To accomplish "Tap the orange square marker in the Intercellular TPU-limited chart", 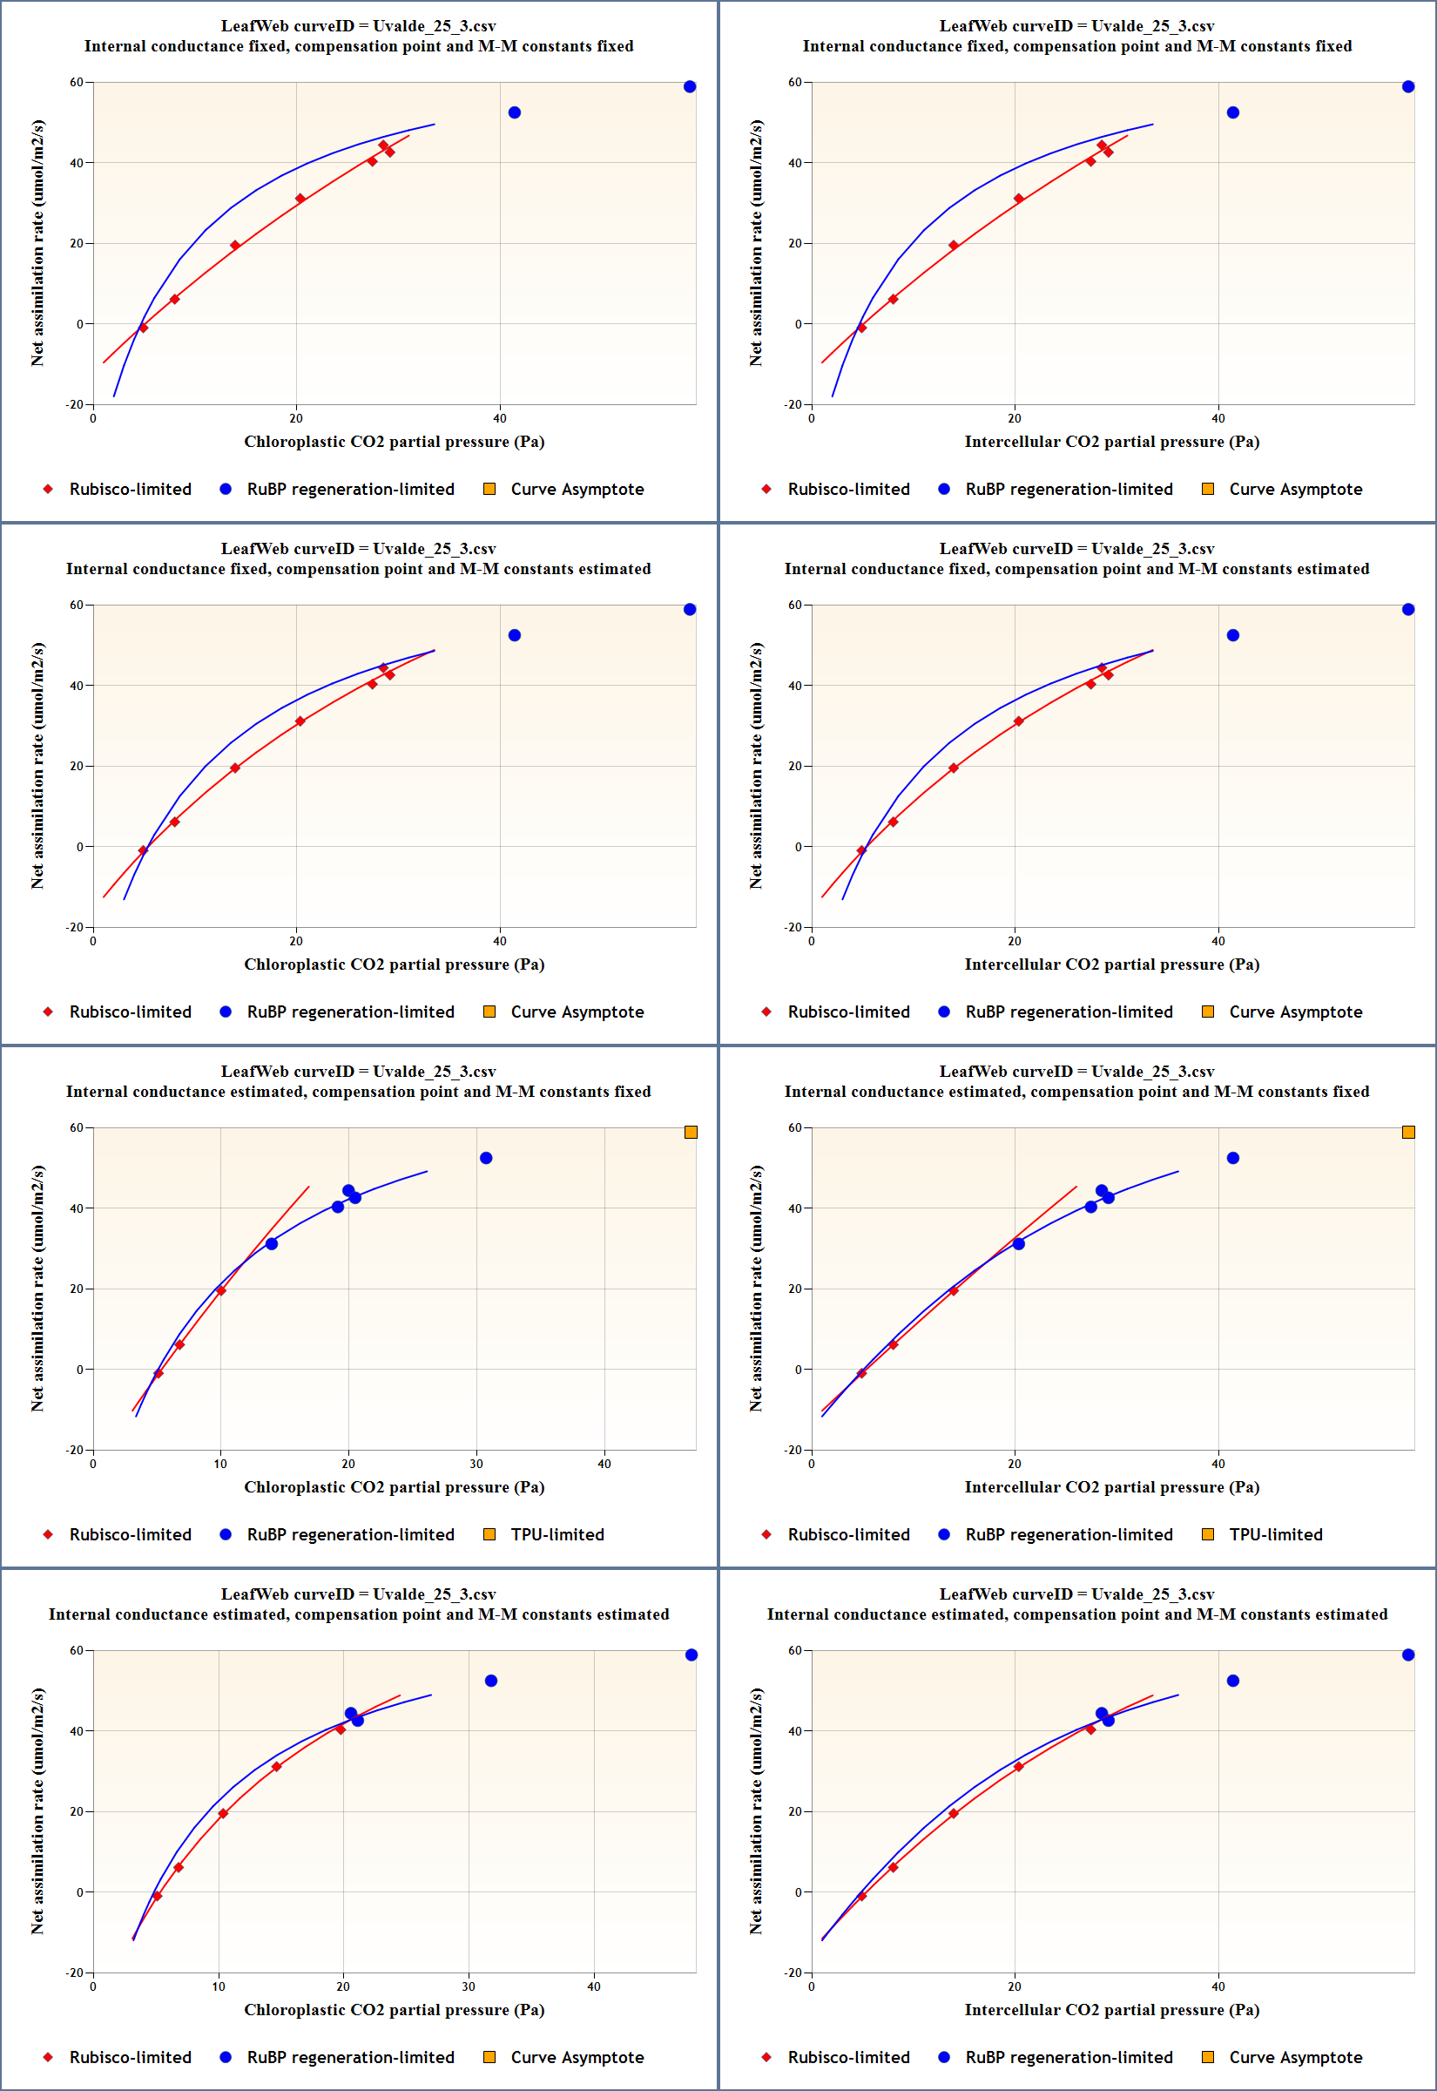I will pyautogui.click(x=1408, y=1132).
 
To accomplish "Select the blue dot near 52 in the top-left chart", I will pyautogui.click(x=514, y=112).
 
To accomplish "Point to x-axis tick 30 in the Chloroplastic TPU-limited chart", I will pyautogui.click(x=476, y=1464).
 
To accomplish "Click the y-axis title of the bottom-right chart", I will pyautogui.click(x=756, y=1811).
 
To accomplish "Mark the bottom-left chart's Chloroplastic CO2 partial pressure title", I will pyautogui.click(x=395, y=2009).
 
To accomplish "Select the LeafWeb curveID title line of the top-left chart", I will pyautogui.click(x=358, y=26).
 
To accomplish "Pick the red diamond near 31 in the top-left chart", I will pyautogui.click(x=300, y=199).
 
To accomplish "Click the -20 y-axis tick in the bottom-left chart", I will pyautogui.click(x=75, y=1973).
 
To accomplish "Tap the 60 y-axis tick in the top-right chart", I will pyautogui.click(x=795, y=82).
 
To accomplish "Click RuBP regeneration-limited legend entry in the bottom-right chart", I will pyautogui.click(x=1068, y=2057).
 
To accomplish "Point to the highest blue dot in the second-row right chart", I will pyautogui.click(x=1408, y=610).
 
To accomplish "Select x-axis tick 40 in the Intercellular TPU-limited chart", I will pyautogui.click(x=1218, y=1464).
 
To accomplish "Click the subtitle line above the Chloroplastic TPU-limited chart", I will pyautogui.click(x=358, y=1092).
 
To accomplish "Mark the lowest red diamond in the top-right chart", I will pyautogui.click(x=861, y=328).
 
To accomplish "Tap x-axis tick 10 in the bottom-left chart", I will pyautogui.click(x=219, y=1986).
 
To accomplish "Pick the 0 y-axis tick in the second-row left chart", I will pyautogui.click(x=79, y=847).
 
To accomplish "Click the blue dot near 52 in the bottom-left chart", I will pyautogui.click(x=490, y=1681).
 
